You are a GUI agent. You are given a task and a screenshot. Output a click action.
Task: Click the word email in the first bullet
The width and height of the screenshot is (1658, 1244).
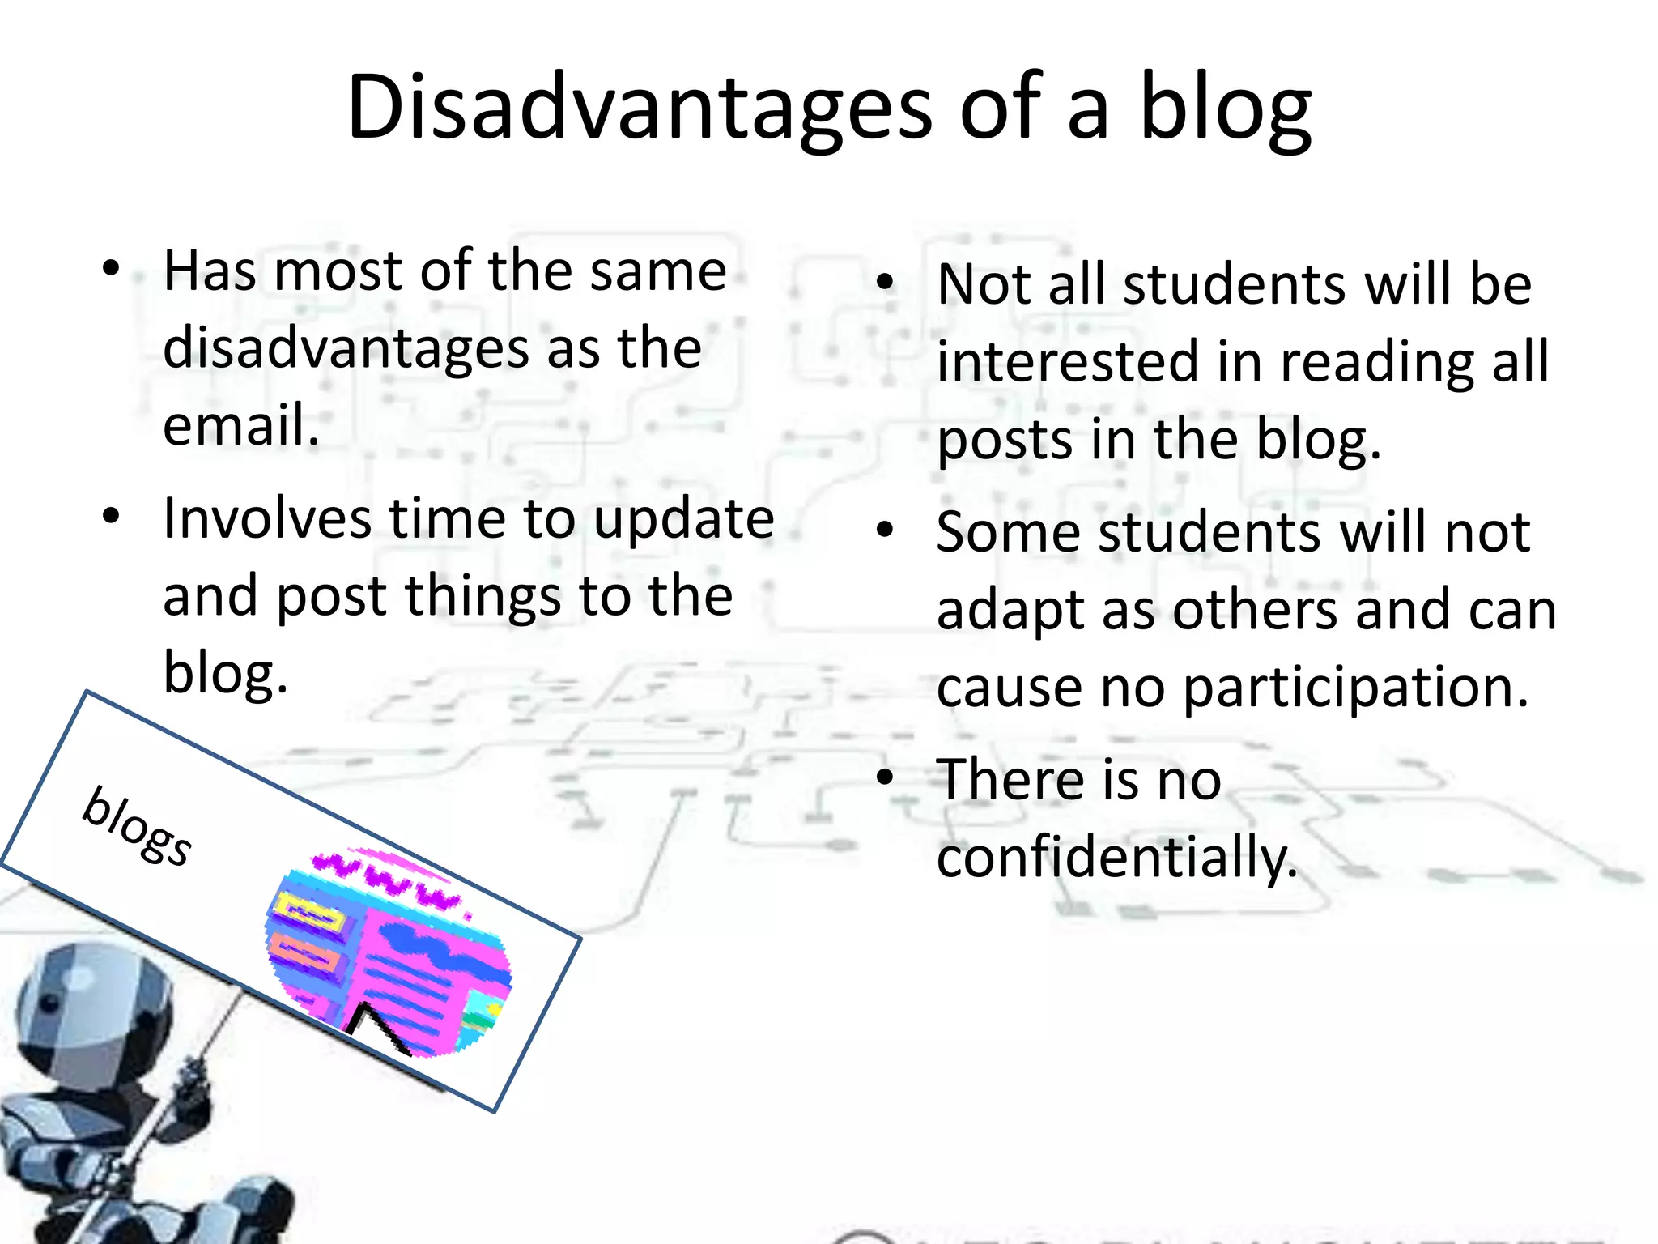pyautogui.click(x=240, y=424)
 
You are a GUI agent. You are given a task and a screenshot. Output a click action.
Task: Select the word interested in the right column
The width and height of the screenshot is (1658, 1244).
pyautogui.click(x=1067, y=361)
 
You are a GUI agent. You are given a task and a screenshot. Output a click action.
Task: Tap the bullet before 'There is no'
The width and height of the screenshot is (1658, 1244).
pyautogui.click(x=885, y=777)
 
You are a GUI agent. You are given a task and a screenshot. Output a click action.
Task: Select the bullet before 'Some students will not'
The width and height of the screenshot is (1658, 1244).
pyautogui.click(x=885, y=530)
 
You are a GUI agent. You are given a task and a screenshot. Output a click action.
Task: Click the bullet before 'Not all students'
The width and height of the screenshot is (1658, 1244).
pyautogui.click(x=885, y=282)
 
